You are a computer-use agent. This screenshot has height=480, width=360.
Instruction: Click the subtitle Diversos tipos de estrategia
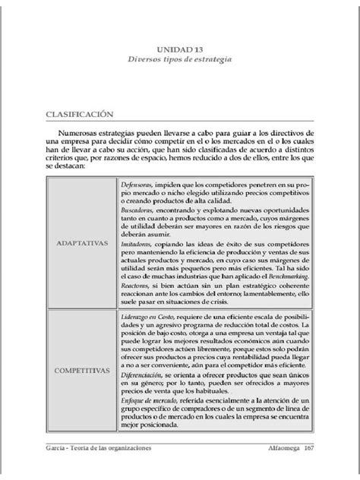coord(181,59)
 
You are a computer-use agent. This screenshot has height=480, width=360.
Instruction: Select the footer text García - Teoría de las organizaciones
coord(99,448)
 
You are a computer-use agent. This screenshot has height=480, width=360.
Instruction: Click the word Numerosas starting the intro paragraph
coord(88,132)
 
